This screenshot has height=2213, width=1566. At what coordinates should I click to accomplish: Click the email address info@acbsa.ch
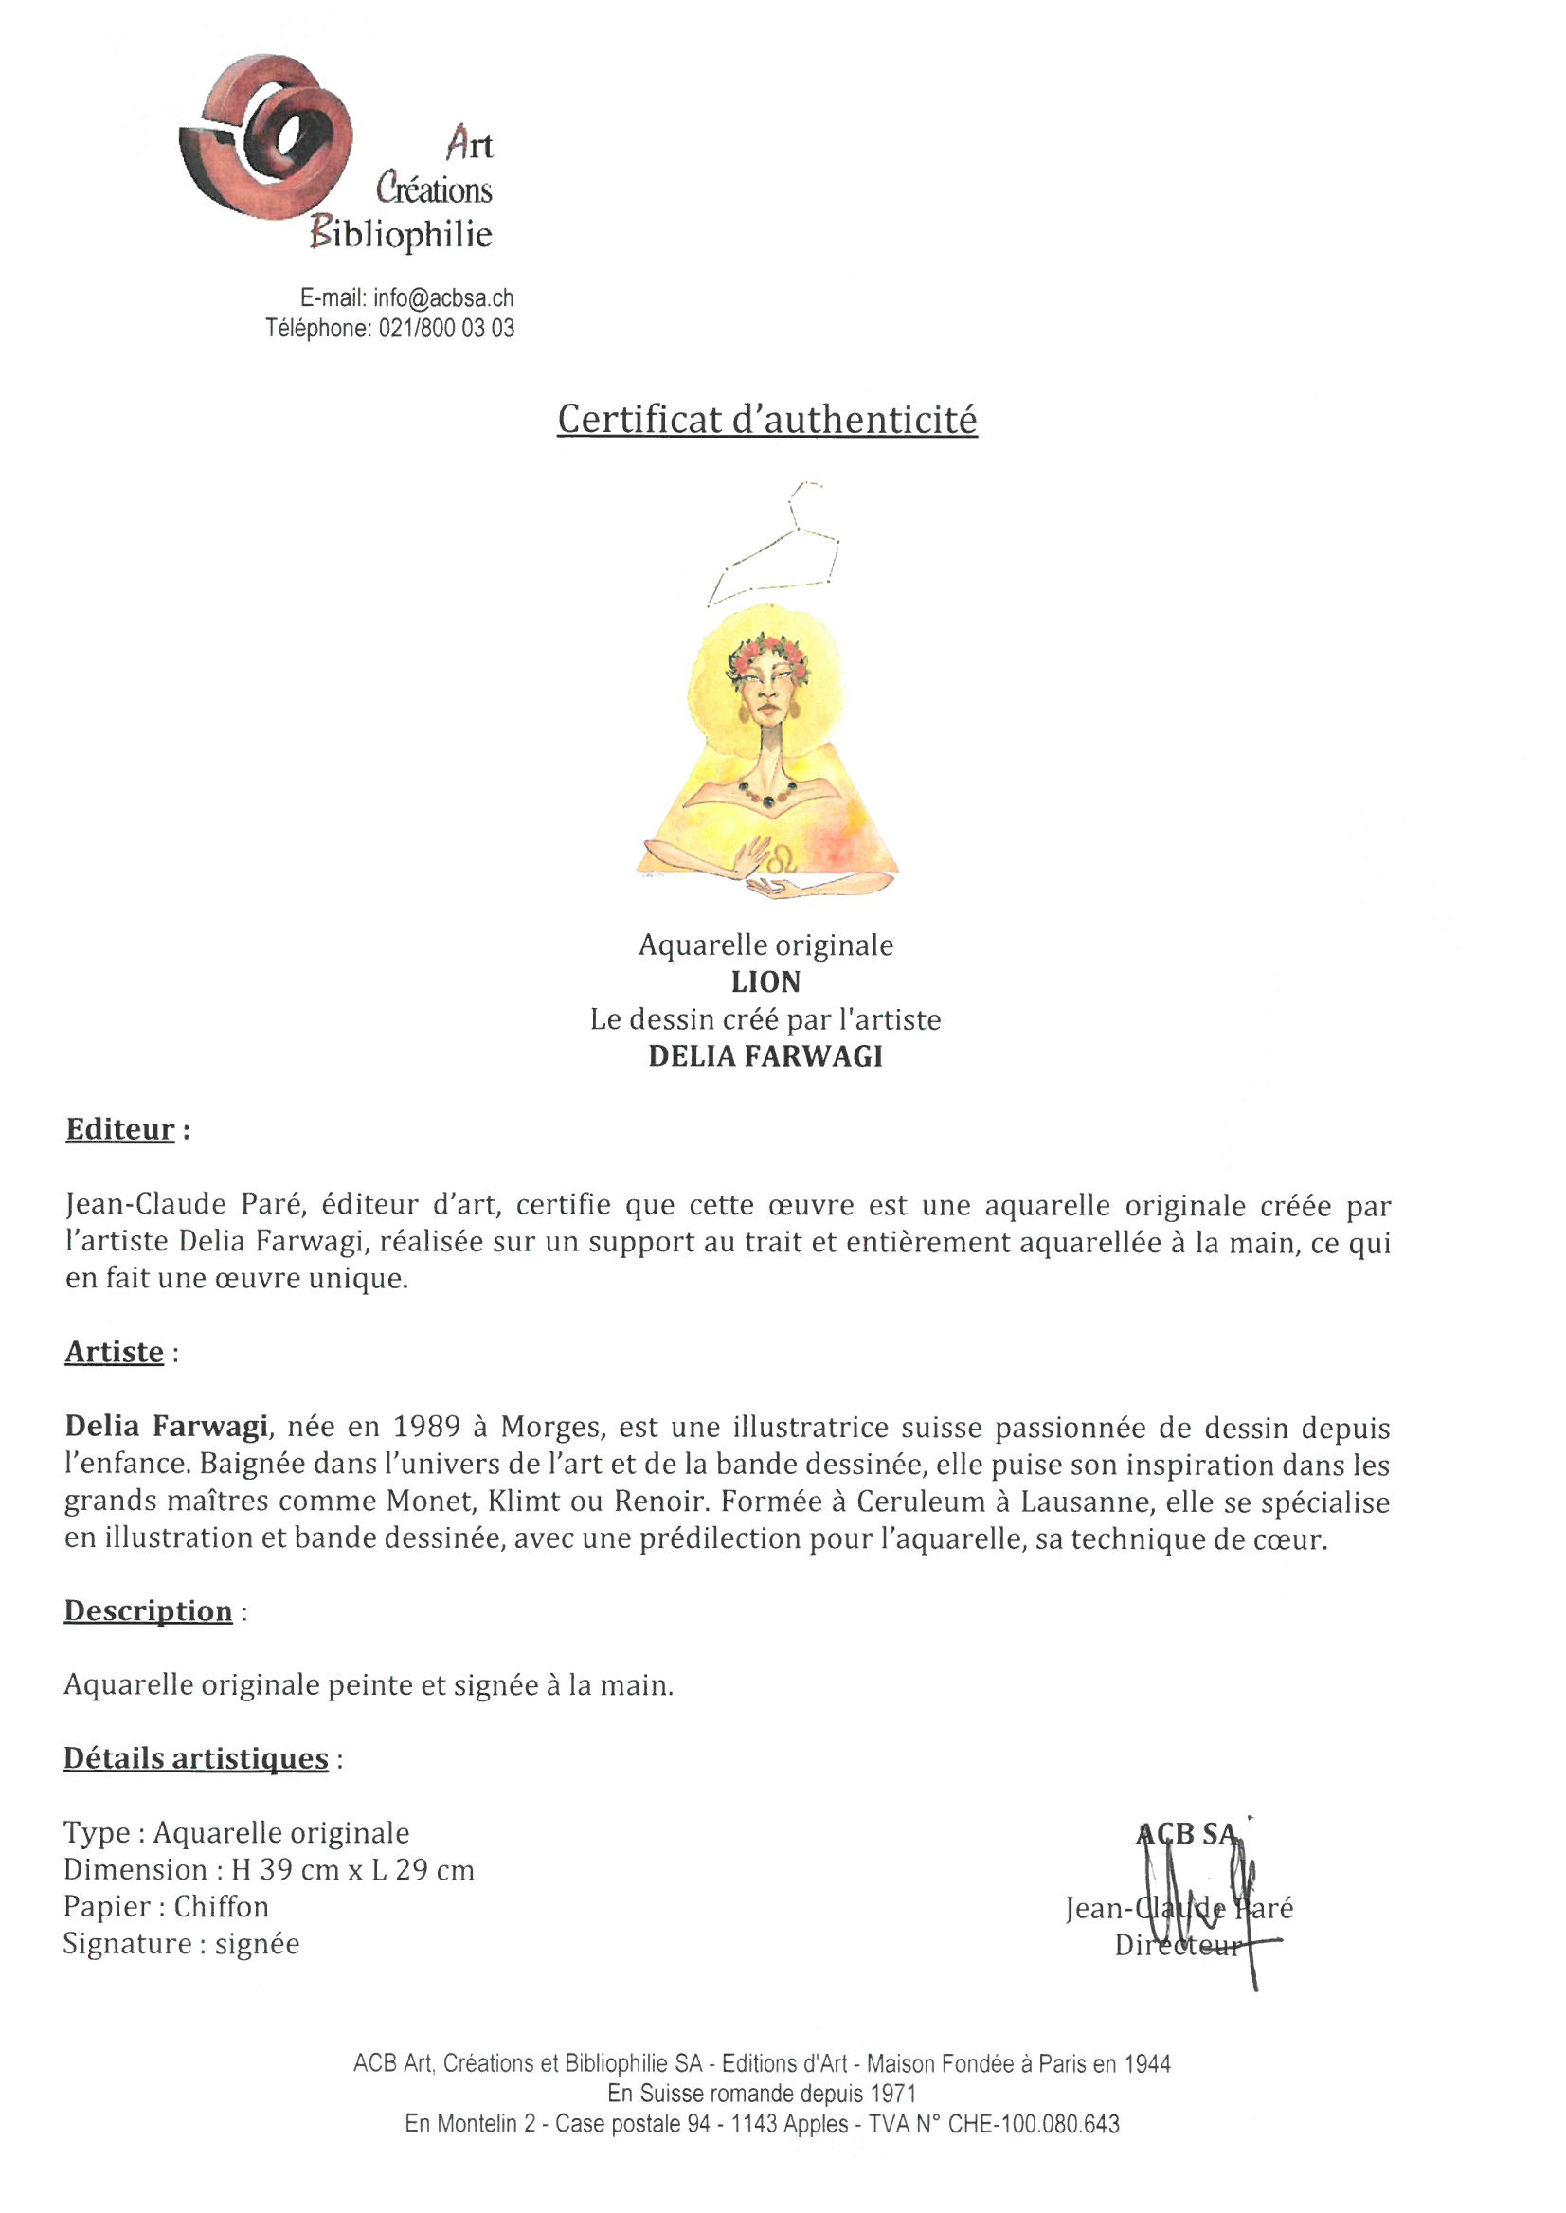point(442,298)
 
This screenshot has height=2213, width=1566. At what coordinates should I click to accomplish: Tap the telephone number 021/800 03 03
point(445,329)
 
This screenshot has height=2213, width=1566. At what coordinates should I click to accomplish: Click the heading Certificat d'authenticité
point(766,420)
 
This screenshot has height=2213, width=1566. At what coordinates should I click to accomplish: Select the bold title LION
point(765,981)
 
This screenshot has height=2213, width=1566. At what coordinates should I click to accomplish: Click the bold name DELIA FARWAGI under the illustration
point(765,1056)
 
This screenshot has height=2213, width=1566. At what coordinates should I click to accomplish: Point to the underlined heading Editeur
point(120,1129)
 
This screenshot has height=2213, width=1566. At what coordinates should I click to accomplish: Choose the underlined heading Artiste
point(114,1352)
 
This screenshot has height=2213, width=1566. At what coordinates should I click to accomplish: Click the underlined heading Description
point(148,1610)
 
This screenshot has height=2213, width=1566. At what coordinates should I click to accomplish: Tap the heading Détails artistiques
point(196,1758)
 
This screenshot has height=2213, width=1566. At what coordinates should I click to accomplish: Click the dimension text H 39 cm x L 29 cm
point(353,1870)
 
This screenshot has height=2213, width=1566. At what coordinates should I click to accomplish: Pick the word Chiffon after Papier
point(222,1906)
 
